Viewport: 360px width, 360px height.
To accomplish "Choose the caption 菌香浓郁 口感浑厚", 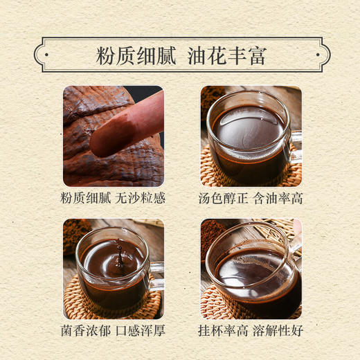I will point(114,332).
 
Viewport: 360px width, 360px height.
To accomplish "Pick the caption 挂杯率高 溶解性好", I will point(251,332).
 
